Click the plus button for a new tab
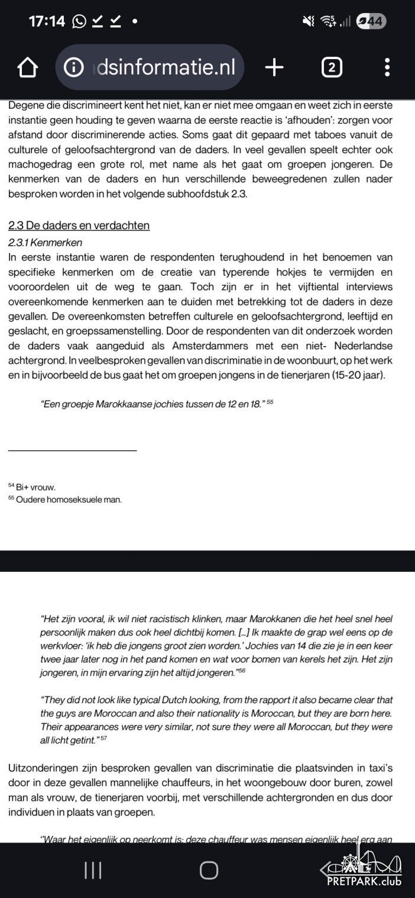[274, 68]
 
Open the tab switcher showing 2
[332, 68]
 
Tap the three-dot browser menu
[387, 68]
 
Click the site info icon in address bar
[73, 68]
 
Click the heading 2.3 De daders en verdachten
[79, 226]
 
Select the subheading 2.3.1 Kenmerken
[46, 242]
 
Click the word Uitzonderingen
[44, 769]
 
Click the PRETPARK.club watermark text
[364, 881]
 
